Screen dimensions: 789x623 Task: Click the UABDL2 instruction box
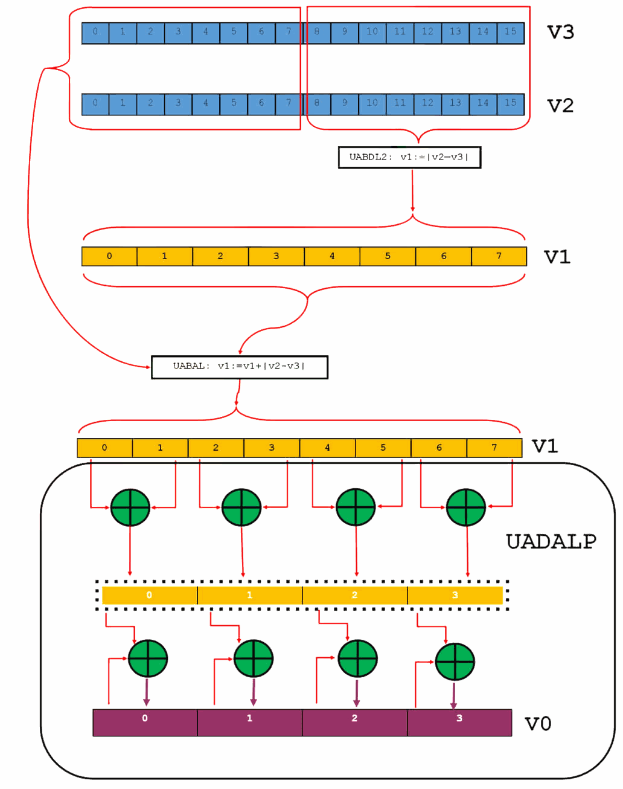coord(409,157)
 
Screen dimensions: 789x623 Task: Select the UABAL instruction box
coord(239,367)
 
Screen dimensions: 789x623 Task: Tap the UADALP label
coord(551,541)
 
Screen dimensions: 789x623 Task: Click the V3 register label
coord(560,31)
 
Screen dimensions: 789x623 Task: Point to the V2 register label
coord(560,105)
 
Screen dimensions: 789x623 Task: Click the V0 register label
coord(537,723)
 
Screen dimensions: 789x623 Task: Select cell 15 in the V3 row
coord(511,32)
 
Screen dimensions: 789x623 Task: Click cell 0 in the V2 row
coord(95,103)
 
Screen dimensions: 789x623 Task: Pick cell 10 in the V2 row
coord(372,103)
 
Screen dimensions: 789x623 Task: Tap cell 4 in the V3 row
coord(206,32)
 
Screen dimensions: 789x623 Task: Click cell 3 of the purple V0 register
coord(459,722)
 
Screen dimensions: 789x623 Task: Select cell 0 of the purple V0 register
coord(145,722)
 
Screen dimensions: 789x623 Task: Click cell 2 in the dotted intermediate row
coord(354,595)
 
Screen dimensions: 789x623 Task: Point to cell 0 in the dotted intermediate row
coord(149,595)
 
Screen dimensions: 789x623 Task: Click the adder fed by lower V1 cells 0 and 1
coord(130,507)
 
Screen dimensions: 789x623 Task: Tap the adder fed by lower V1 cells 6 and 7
coord(466,507)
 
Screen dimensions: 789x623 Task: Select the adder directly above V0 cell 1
coord(254,659)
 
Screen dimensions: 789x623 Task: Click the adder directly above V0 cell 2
coord(358,659)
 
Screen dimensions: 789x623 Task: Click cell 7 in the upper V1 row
coord(499,256)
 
